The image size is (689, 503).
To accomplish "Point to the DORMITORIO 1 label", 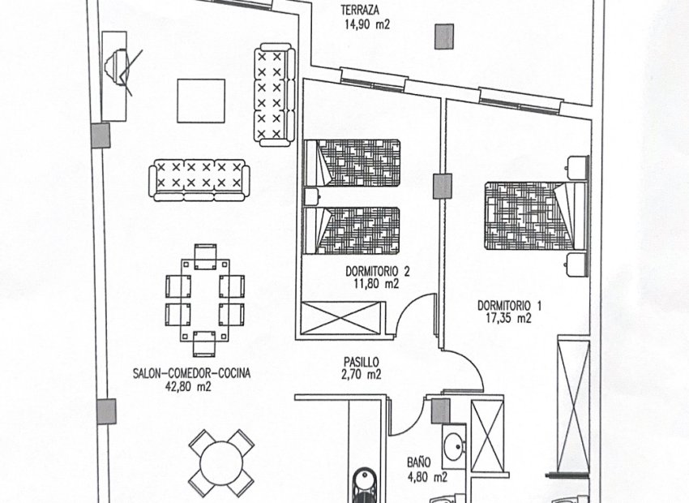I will click(508, 305).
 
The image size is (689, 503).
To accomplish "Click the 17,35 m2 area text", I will click(508, 318).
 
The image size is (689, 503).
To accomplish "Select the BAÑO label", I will click(419, 465).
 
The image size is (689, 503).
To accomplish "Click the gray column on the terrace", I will click(443, 37).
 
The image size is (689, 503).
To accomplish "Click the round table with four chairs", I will click(221, 462).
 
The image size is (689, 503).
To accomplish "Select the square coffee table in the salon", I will click(200, 101).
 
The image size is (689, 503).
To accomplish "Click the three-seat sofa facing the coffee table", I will click(198, 178).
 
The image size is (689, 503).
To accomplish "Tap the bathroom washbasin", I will click(454, 445).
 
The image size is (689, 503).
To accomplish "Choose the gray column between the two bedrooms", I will click(442, 186).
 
